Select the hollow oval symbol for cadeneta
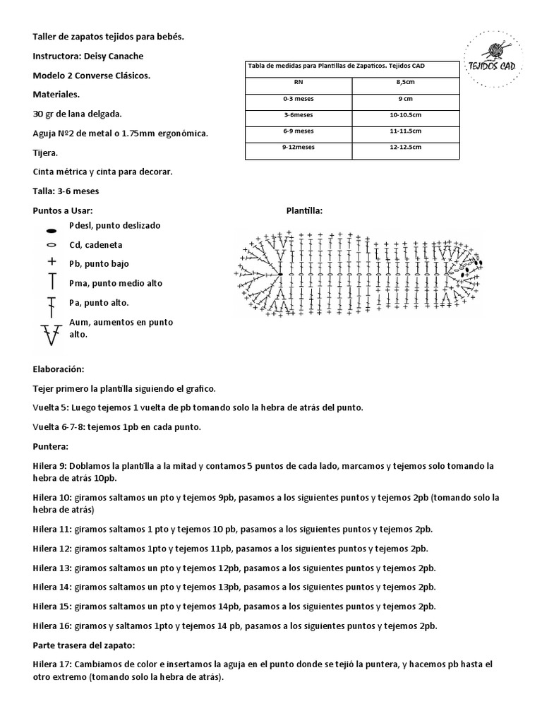coord(51,245)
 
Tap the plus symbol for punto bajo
coord(51,262)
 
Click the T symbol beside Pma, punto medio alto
coord(51,282)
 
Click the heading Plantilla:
coord(304,210)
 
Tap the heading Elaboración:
coord(59,369)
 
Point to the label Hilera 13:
coord(52,568)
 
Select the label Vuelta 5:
coord(52,408)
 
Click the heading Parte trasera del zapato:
coord(85,645)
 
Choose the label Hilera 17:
coord(52,665)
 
